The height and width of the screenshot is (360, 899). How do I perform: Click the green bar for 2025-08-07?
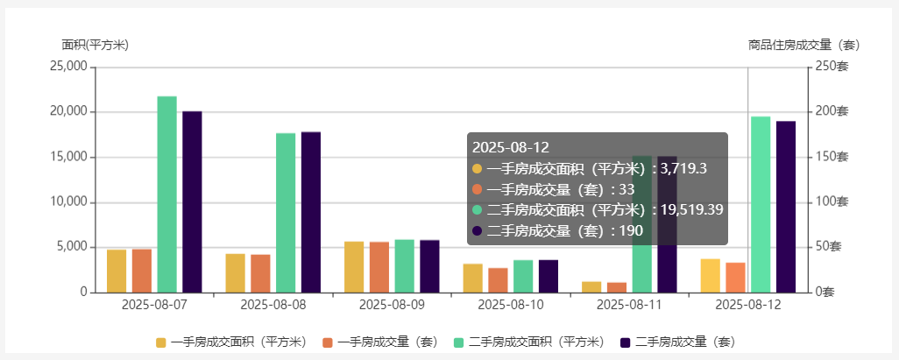pos(166,194)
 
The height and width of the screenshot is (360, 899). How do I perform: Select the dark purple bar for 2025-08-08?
pos(311,211)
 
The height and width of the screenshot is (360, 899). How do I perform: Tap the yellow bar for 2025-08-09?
pos(354,266)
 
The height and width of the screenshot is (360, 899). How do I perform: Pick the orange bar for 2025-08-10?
pos(498,279)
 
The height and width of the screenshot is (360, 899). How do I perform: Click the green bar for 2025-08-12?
pos(761,203)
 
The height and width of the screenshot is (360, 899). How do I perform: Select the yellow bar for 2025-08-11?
pos(591,286)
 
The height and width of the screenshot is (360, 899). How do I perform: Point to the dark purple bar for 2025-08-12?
pos(786,206)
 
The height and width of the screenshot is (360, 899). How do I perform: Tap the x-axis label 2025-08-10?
pos(511,305)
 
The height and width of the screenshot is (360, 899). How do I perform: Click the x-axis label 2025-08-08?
pos(273,305)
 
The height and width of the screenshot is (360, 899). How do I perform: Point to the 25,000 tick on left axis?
pos(67,67)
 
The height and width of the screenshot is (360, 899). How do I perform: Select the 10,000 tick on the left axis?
pos(67,201)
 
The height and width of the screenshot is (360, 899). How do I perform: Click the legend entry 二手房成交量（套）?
pos(679,342)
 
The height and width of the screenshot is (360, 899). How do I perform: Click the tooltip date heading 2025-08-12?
pos(510,147)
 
